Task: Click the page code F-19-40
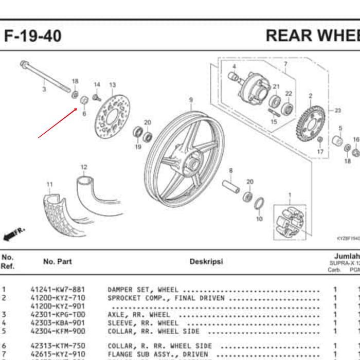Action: pos(33,36)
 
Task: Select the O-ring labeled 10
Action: pos(260,204)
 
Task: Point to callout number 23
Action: pos(338,111)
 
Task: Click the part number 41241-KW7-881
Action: pos(58,290)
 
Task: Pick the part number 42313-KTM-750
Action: pos(58,346)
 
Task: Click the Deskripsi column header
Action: pos(206,261)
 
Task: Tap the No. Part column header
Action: pos(58,261)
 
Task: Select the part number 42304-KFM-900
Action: pos(58,331)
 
